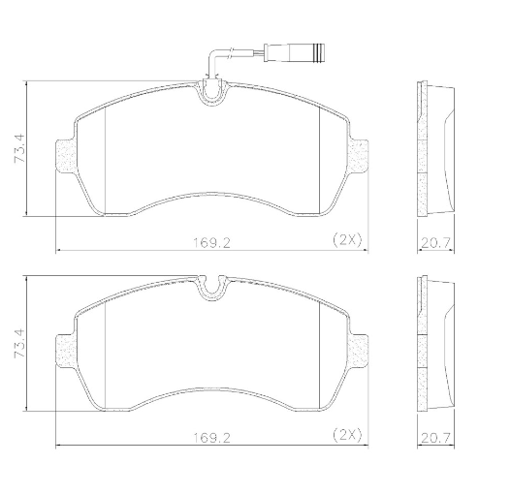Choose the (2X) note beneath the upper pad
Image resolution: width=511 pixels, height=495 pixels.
[346, 238]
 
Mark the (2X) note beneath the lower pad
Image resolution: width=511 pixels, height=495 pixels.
[346, 436]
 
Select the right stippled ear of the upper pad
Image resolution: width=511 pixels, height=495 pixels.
[358, 155]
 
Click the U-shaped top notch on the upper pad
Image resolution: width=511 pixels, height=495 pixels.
[212, 94]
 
